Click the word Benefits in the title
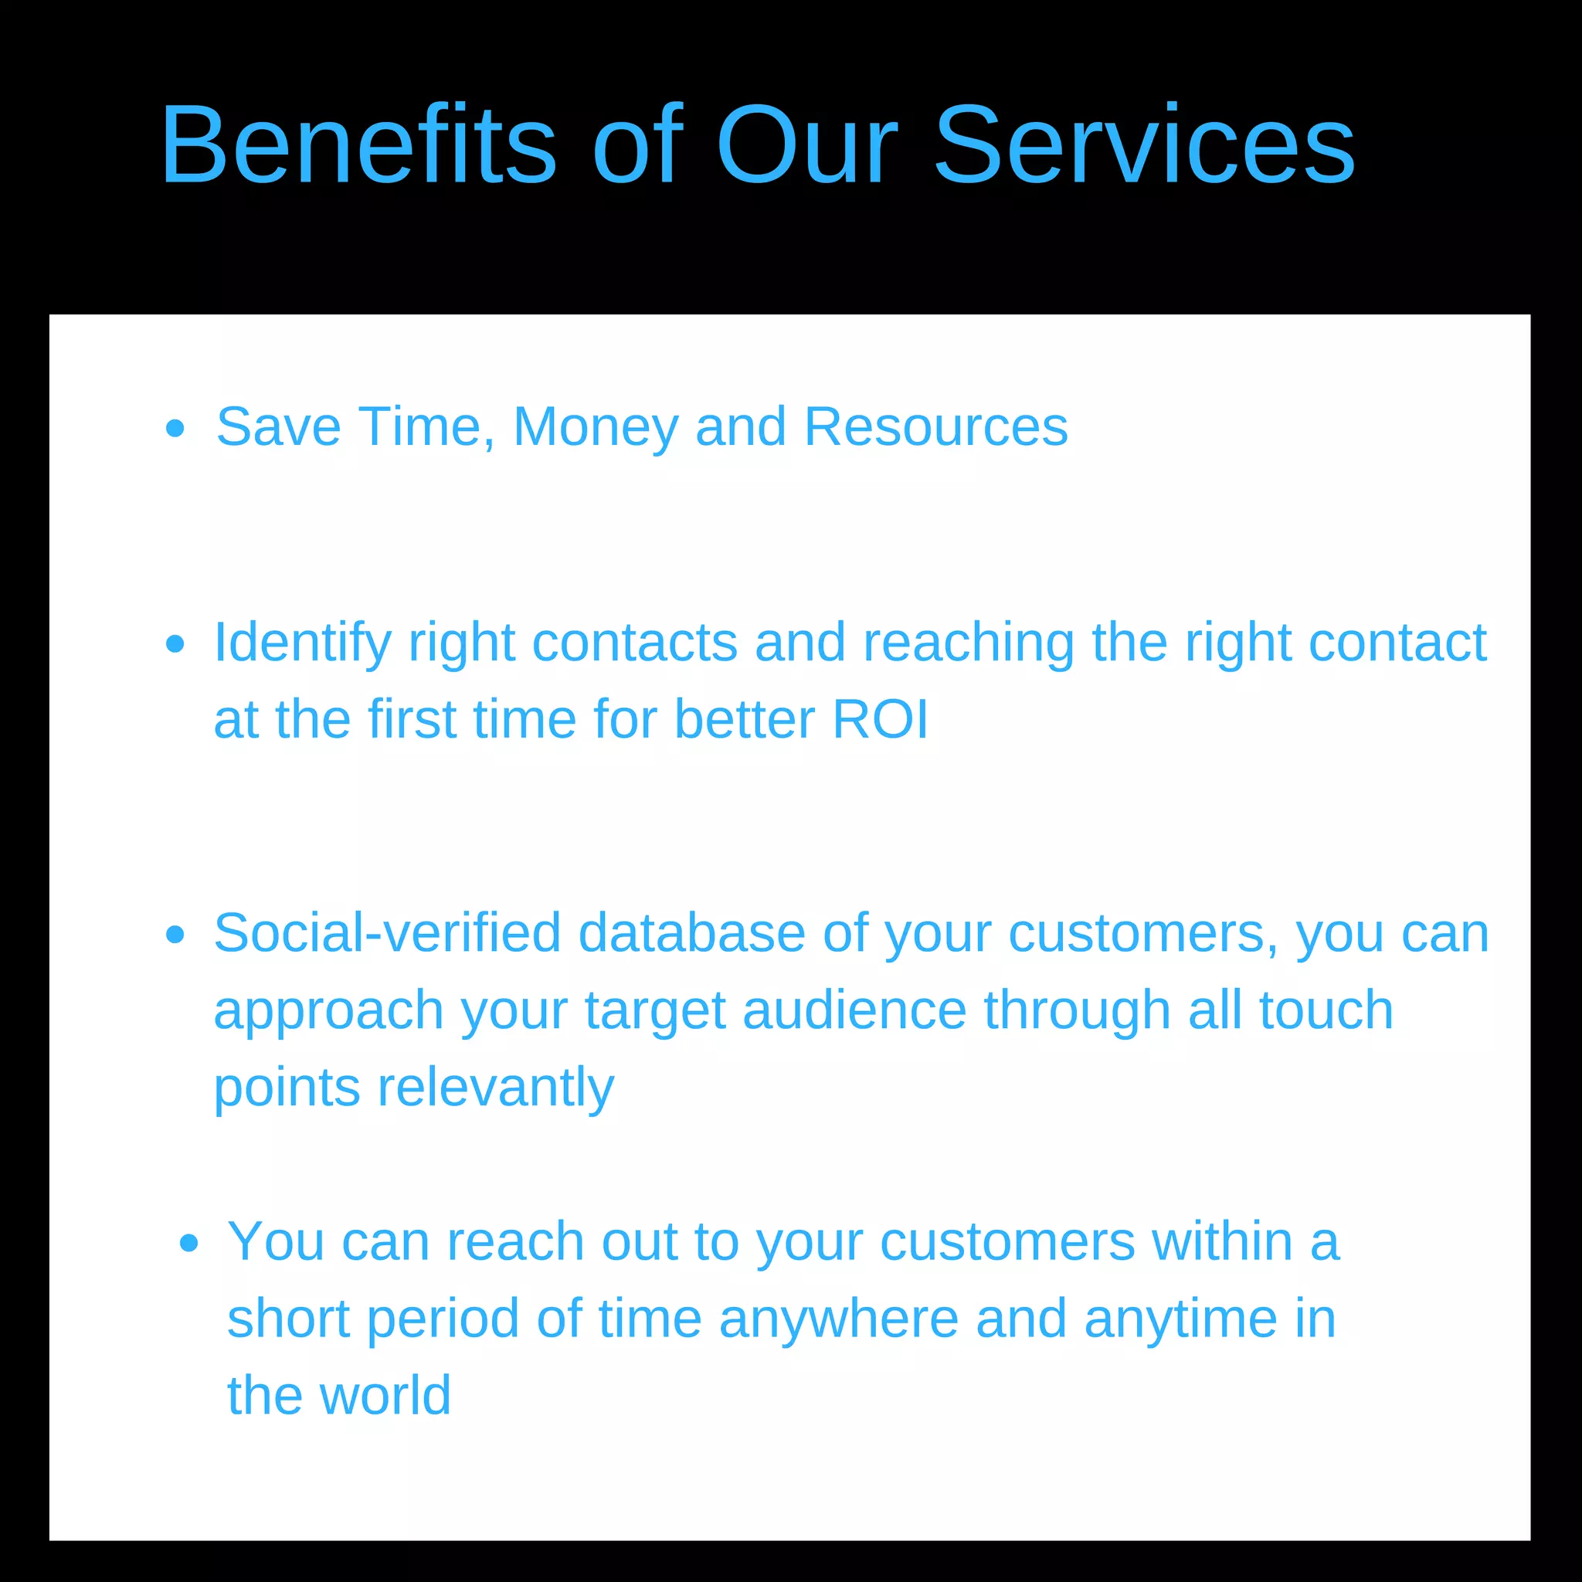point(358,146)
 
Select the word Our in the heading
point(807,146)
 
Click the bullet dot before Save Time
point(175,428)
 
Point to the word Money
point(596,427)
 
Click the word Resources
point(936,427)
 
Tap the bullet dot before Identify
point(175,643)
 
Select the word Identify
point(302,643)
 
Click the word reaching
point(969,643)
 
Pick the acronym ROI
point(881,720)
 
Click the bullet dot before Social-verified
point(175,935)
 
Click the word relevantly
point(494,1088)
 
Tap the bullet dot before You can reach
point(188,1244)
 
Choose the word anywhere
point(838,1319)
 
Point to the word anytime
point(1180,1319)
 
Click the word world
point(385,1395)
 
